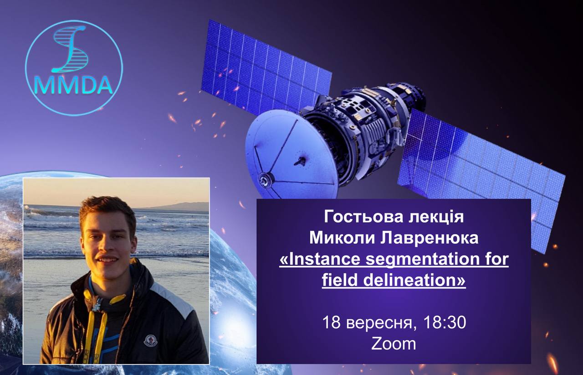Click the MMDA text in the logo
point(74,85)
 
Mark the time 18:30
point(445,323)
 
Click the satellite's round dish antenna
point(291,154)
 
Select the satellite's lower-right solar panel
point(481,180)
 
